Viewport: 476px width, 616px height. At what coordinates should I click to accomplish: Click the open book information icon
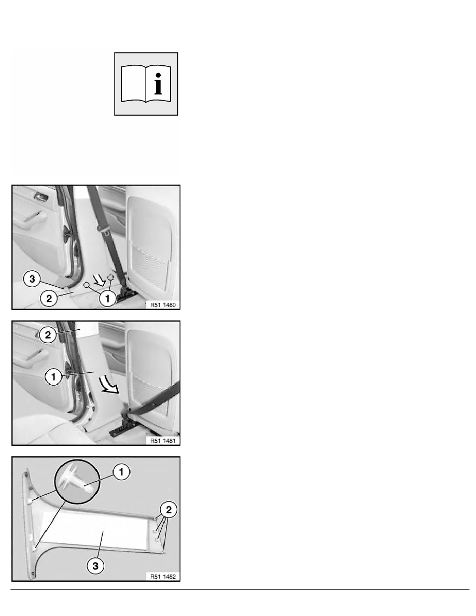point(146,83)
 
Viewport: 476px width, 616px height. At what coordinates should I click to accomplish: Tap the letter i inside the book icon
point(158,83)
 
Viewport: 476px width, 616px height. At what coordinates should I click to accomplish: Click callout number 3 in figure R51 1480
point(32,279)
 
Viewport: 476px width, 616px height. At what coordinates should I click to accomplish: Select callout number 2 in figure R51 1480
point(49,298)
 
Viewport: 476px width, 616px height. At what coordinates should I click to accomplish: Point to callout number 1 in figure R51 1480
point(107,298)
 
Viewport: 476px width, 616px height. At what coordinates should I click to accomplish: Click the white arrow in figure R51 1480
point(98,280)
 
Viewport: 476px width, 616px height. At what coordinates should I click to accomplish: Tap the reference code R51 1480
point(163,305)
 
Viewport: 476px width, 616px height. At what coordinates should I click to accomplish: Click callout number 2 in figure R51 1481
point(48,335)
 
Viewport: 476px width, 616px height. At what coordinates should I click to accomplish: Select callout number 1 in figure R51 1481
point(53,377)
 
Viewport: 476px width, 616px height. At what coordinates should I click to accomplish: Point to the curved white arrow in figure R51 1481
point(108,384)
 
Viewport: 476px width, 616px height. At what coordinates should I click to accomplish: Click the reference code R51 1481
point(163,441)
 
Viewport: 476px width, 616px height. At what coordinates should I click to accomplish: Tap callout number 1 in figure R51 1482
point(121,471)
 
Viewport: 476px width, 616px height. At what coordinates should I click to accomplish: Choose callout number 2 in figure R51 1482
point(169,510)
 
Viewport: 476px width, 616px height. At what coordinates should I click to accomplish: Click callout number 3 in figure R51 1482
point(95,566)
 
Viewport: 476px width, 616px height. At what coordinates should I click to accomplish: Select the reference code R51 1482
point(163,577)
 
